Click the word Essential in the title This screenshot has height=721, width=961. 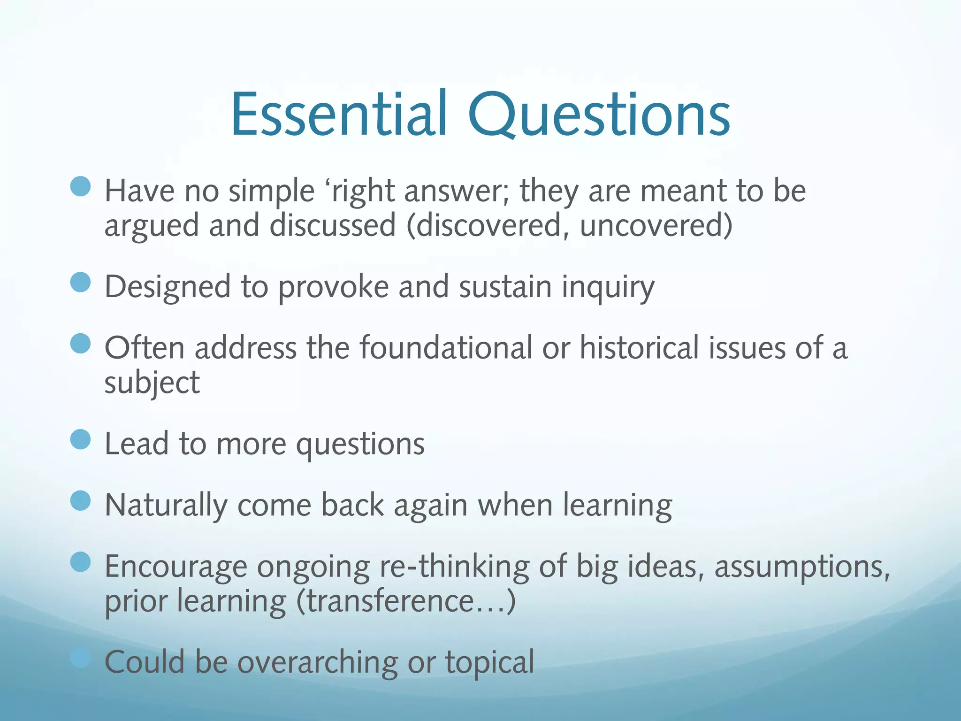point(339,115)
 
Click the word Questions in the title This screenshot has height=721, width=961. point(599,115)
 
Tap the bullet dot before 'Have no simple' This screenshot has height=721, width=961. point(80,186)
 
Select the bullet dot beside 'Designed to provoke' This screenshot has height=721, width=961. point(80,282)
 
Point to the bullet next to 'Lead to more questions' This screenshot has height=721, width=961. point(80,439)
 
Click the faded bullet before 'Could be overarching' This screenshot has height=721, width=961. point(80,658)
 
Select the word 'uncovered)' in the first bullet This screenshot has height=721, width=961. point(656,225)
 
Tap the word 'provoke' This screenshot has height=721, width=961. point(333,287)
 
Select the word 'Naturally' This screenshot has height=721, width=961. point(166,506)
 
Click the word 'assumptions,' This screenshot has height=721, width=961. point(802,567)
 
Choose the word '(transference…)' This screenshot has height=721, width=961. point(406,601)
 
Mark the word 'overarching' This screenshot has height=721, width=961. point(317,662)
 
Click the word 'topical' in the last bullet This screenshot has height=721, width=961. point(489,662)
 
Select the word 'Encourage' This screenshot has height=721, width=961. point(175,567)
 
